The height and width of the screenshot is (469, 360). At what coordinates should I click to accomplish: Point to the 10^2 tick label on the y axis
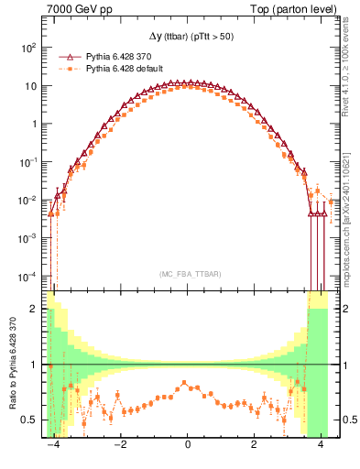coord(30,47)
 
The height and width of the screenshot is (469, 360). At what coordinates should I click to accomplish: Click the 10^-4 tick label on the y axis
coord(30,276)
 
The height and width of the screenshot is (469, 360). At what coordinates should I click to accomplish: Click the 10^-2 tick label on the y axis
coord(30,200)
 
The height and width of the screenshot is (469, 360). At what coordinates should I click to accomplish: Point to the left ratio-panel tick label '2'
coord(37,309)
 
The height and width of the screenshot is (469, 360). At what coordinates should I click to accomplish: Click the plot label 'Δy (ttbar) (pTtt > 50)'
coord(187,36)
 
